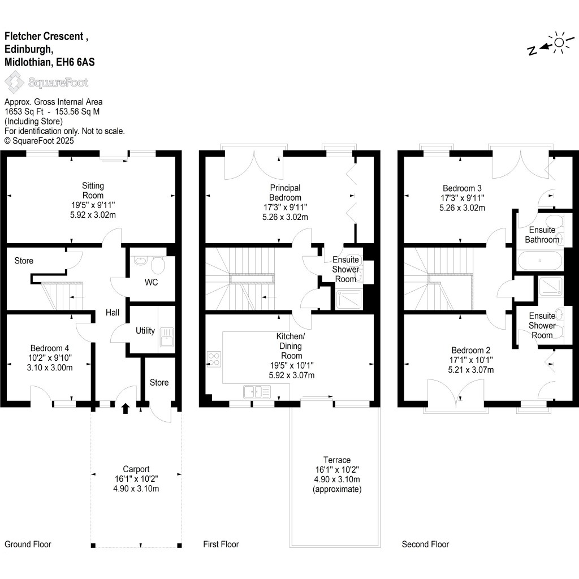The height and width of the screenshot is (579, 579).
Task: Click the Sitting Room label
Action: click(93, 190)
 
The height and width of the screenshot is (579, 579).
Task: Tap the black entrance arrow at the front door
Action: click(125, 407)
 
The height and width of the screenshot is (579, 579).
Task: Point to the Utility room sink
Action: click(167, 337)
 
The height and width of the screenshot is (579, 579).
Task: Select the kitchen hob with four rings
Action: click(215, 358)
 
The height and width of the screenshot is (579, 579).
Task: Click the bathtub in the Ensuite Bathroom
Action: click(539, 261)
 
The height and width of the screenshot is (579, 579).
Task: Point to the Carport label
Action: click(136, 469)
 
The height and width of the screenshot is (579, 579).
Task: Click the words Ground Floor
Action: click(28, 545)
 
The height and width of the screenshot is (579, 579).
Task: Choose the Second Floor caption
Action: click(425, 545)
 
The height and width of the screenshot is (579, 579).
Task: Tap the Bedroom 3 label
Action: click(462, 188)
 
